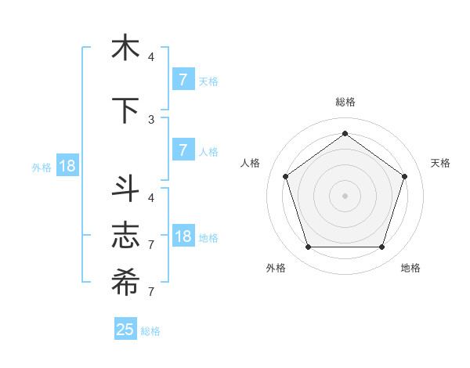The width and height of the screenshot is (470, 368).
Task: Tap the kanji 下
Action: (125, 110)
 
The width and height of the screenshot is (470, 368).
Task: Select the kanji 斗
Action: (125, 188)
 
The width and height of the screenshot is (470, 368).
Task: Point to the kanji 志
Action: (125, 235)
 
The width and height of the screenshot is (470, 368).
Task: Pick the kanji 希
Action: (125, 282)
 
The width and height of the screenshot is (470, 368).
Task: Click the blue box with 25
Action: (125, 330)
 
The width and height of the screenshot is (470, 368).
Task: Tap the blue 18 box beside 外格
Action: (66, 166)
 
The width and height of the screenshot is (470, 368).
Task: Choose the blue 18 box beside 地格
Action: (183, 236)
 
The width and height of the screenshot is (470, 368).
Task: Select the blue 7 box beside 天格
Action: (183, 79)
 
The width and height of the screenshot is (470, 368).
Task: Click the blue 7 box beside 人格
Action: (183, 150)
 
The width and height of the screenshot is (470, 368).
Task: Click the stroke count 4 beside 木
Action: (151, 56)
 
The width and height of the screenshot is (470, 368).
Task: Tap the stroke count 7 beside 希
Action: (151, 291)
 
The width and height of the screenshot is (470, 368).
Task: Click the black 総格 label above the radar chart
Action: (345, 102)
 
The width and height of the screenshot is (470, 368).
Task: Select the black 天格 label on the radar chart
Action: (440, 163)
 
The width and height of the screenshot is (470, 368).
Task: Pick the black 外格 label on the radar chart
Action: (275, 268)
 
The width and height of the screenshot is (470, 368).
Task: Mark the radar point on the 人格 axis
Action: (285, 176)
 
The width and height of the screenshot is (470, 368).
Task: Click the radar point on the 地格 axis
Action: (381, 247)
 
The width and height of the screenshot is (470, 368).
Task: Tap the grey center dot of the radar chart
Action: (345, 196)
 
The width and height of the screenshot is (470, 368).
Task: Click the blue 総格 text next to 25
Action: (151, 331)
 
